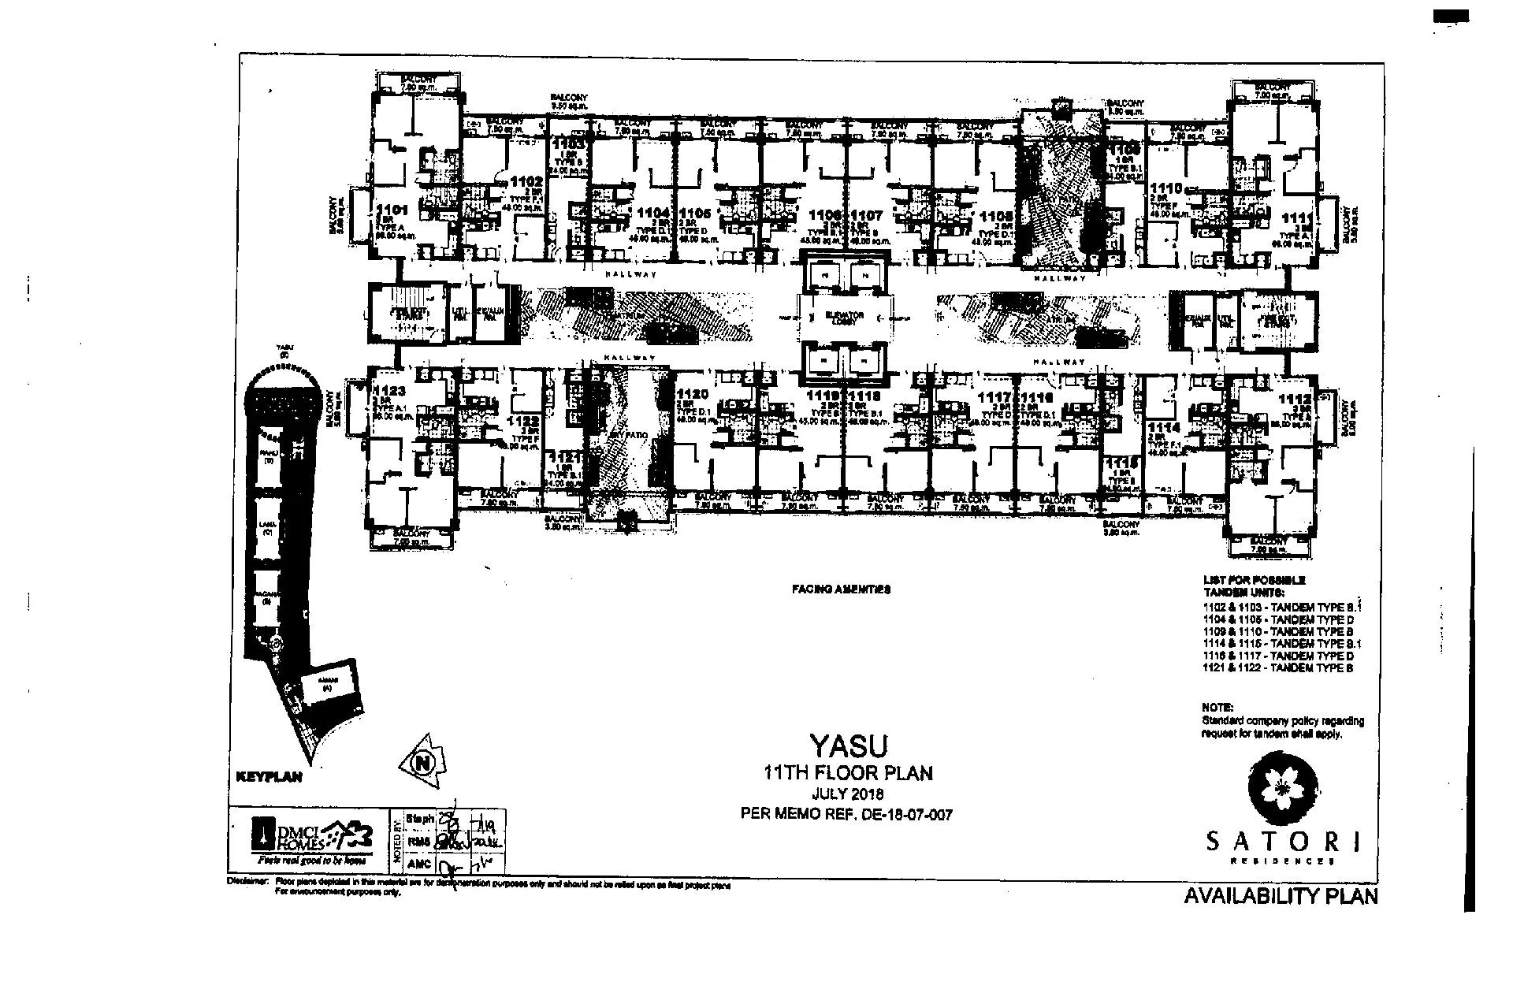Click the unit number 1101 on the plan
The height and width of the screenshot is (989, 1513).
click(392, 210)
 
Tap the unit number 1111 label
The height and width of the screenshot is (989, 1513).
click(1296, 218)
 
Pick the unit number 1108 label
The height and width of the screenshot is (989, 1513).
click(996, 215)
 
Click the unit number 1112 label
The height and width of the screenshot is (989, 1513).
click(1295, 400)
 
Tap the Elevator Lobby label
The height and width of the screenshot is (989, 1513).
click(845, 318)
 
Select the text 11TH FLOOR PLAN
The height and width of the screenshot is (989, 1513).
click(848, 773)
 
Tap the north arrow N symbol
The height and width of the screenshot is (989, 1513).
click(425, 761)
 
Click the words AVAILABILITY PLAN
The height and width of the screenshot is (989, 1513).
click(1281, 896)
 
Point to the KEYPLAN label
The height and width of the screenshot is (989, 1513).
click(270, 777)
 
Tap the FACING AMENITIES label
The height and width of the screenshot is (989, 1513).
click(841, 589)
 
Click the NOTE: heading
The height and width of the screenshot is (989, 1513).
click(1217, 707)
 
